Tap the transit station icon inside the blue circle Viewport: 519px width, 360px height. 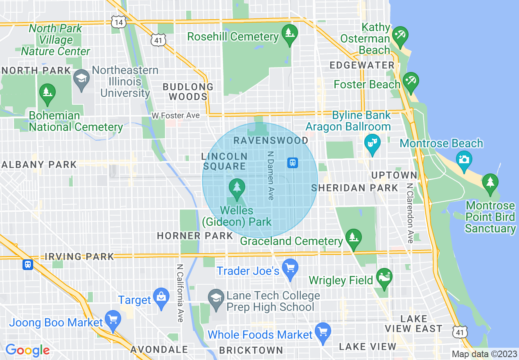tap(293, 163)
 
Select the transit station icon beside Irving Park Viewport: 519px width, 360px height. tap(27, 264)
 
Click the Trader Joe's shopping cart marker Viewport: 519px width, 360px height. tap(290, 268)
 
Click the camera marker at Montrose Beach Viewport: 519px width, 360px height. tap(464, 158)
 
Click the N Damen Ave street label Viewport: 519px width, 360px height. tap(270, 175)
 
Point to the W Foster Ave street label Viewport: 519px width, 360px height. tap(176, 116)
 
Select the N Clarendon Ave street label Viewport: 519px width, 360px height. tap(410, 213)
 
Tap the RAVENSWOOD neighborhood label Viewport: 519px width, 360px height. tap(271, 140)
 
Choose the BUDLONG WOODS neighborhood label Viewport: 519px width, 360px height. tap(188, 92)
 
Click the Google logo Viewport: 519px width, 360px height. tap(27, 350)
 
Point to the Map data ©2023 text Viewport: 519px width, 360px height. tap(484, 354)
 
